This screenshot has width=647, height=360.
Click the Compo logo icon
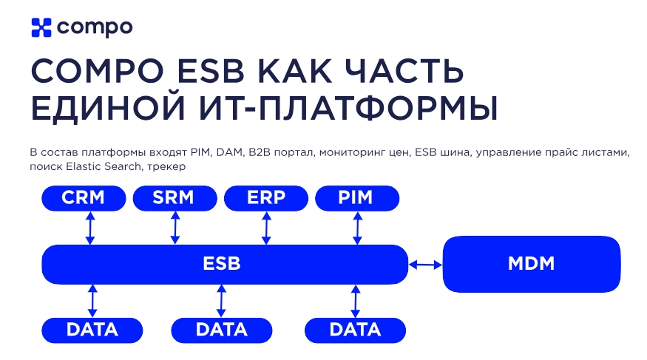coord(41,27)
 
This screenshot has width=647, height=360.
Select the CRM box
coord(84,198)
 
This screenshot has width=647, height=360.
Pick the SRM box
coord(175,198)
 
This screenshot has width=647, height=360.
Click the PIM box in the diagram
coord(357,198)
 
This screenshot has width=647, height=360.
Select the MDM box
coord(531,264)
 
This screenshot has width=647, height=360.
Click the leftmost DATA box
coord(92,330)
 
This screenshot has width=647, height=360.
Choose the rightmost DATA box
coord(355,330)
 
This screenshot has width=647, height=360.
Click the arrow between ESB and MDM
coord(425,264)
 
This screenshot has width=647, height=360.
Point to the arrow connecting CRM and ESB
coord(90,228)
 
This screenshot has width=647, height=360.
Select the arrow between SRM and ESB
coord(175,228)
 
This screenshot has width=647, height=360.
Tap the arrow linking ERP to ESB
coord(266,228)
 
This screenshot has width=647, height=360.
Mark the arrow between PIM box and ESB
coord(357,228)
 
